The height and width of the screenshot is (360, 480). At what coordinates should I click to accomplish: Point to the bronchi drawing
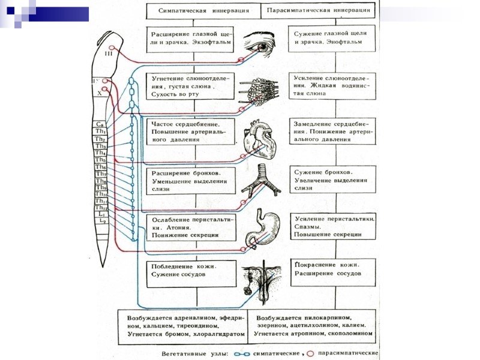(262, 181)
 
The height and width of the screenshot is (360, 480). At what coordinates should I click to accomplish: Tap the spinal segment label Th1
(101, 132)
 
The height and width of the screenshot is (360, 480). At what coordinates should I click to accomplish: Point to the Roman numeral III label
(109, 54)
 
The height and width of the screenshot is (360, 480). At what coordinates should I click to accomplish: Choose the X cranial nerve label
(100, 94)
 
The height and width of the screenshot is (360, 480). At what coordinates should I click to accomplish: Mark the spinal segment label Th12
(101, 208)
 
